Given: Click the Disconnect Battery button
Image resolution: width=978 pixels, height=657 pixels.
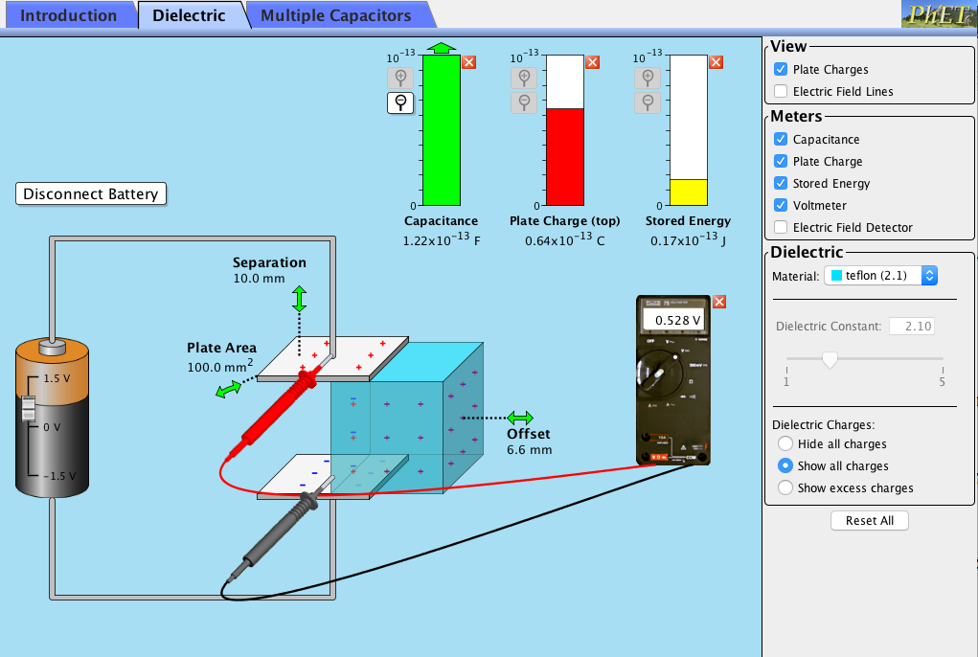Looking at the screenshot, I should pyautogui.click(x=91, y=193).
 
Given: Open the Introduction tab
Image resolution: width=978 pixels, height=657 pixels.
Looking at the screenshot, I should pyautogui.click(x=68, y=15).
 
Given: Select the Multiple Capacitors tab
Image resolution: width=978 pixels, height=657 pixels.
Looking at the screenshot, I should pyautogui.click(x=335, y=15).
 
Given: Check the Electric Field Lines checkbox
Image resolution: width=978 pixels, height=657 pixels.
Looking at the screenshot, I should pyautogui.click(x=781, y=92).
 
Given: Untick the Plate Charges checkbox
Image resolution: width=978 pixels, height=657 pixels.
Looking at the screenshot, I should pyautogui.click(x=781, y=70).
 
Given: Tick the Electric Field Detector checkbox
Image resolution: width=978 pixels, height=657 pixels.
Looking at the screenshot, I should pyautogui.click(x=781, y=228).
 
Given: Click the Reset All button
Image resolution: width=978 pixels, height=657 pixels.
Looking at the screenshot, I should pyautogui.click(x=869, y=521).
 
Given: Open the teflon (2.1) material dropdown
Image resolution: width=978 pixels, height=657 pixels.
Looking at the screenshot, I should pyautogui.click(x=880, y=276).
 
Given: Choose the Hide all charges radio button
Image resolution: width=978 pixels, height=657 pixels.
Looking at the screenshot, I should pyautogui.click(x=785, y=444).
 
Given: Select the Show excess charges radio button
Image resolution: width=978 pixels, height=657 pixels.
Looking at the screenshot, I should pyautogui.click(x=785, y=488).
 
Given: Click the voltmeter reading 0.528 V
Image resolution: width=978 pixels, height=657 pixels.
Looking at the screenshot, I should pyautogui.click(x=677, y=320).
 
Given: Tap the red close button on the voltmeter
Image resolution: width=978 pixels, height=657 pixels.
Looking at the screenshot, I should pyautogui.click(x=719, y=302).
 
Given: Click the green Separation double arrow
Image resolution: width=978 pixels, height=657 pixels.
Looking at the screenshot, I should pyautogui.click(x=299, y=298).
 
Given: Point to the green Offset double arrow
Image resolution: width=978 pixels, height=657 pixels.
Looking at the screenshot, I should pyautogui.click(x=520, y=419).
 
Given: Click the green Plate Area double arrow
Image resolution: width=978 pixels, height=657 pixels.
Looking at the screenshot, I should pyautogui.click(x=229, y=389).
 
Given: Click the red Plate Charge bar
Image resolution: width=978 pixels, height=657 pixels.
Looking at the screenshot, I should pyautogui.click(x=564, y=156).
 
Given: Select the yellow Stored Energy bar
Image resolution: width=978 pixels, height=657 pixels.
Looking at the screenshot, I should pyautogui.click(x=687, y=193).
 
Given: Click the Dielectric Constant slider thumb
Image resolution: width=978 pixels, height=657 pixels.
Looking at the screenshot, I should pyautogui.click(x=830, y=360).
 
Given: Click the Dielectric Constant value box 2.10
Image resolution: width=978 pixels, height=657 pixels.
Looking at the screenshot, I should pyautogui.click(x=912, y=327).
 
